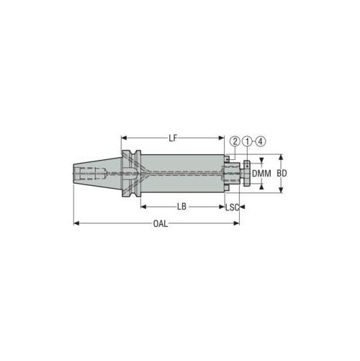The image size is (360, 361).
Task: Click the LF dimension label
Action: tap(173, 138)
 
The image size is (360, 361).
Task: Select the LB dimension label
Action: tap(181, 207)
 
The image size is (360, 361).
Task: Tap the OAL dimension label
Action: tap(161, 223)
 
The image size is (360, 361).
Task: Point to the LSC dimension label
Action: tap(233, 207)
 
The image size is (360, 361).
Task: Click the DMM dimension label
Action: tap(261, 174)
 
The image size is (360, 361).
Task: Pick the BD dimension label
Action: tap(282, 174)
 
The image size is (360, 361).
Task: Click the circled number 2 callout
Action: tap(235, 141)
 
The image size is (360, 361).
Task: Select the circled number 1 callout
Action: tap(247, 141)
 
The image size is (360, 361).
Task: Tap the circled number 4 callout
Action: tap(261, 141)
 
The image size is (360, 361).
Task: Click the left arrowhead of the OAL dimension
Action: tap(76, 223)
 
